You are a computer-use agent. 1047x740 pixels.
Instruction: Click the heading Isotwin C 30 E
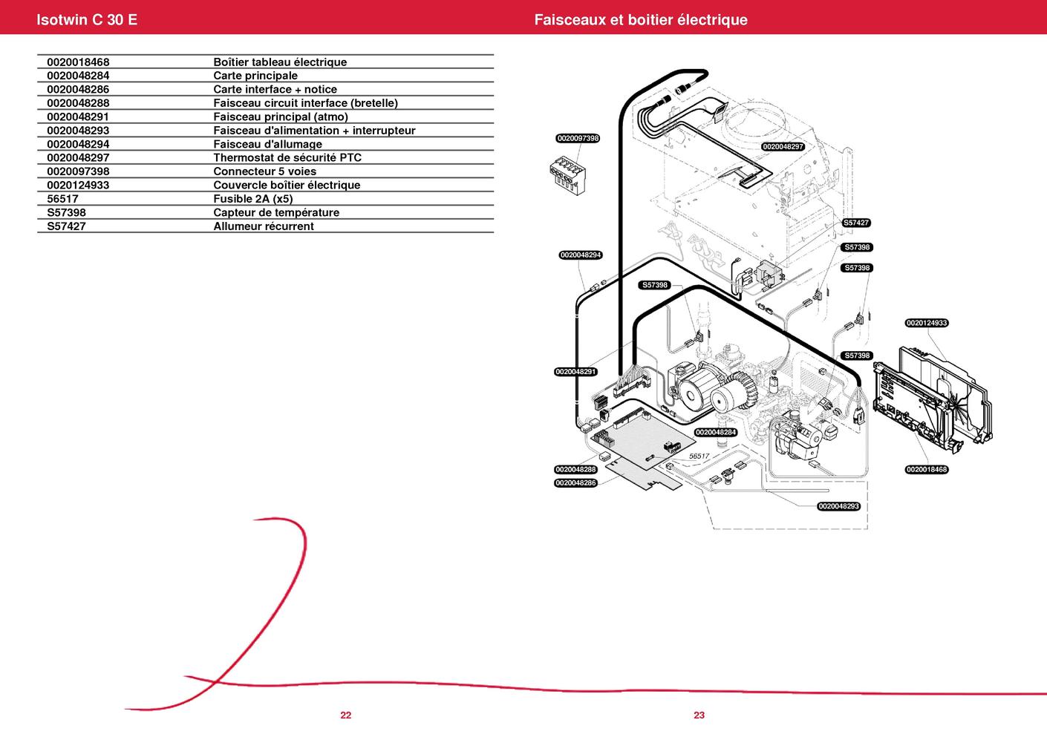coord(87,20)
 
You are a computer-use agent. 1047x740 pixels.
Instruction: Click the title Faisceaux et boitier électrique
coord(640,20)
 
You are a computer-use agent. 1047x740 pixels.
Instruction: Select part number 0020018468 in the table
coord(78,62)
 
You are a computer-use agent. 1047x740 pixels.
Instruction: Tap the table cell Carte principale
coord(255,76)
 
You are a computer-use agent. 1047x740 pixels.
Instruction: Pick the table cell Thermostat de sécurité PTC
coord(287,157)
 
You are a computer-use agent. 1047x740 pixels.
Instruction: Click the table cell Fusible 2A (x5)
coord(253,199)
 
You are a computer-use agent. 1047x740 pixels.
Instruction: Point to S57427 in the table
coord(66,226)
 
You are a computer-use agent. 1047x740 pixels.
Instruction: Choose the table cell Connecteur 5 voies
coord(265,171)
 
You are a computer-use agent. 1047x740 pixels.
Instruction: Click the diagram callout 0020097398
coord(578,139)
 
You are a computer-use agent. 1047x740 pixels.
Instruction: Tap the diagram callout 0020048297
coord(783,147)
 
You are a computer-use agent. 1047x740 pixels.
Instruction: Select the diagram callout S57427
coord(856,223)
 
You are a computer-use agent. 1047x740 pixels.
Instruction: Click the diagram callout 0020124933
coord(927,323)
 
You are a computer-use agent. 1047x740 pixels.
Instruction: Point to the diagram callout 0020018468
coord(927,469)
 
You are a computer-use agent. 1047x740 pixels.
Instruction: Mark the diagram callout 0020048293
coord(838,506)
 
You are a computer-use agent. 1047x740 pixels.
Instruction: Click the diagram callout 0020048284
coord(716,432)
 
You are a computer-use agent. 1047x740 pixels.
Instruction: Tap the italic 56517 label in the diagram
coord(699,456)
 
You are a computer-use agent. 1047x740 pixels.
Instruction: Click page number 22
coord(346,716)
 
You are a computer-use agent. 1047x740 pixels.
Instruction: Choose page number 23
coord(699,716)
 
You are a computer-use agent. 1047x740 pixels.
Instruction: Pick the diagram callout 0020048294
coord(581,255)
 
